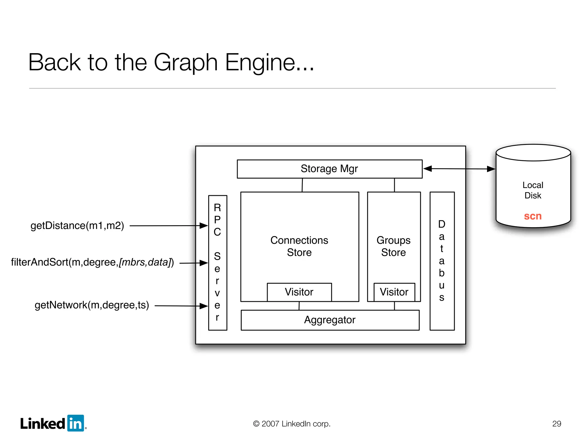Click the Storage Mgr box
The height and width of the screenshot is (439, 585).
329,169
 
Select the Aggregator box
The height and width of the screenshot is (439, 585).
330,320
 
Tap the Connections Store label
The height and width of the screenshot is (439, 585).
299,246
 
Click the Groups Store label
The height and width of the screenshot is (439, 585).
393,246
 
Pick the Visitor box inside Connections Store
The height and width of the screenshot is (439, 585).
299,292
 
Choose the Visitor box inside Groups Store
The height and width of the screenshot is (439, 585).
394,292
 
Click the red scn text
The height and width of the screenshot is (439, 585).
533,216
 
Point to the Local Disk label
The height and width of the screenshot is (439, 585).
533,190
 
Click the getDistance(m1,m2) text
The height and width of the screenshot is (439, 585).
77,226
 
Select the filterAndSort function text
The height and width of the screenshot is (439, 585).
92,262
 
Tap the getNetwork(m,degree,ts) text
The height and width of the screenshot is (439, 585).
92,305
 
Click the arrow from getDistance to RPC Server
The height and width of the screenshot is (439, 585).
169,226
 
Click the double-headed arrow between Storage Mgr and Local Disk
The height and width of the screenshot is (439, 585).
459,169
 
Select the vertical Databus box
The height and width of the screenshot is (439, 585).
442,261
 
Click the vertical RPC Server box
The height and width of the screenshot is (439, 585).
217,263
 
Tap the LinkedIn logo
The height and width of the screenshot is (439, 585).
53,423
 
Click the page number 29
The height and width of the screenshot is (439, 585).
556,424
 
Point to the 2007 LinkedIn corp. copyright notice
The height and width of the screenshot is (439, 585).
292,424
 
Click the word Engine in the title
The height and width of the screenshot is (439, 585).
269,62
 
